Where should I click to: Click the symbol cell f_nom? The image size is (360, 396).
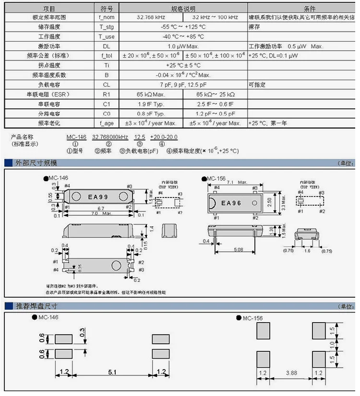106,17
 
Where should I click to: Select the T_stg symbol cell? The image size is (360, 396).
106,27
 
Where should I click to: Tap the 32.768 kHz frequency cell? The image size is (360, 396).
152,17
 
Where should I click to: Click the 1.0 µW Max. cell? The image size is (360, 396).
183,47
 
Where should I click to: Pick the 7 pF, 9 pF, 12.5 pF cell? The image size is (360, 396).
183,85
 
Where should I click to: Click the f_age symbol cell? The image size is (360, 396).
106,123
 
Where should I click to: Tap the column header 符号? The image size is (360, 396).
106,9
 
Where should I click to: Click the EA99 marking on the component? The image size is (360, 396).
97,197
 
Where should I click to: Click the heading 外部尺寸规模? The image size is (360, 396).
36,163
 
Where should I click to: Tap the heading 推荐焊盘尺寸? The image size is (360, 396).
36,306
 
